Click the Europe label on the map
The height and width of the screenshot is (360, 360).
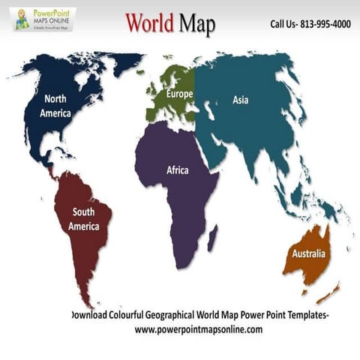click(x=179, y=94)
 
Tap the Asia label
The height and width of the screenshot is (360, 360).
click(x=240, y=100)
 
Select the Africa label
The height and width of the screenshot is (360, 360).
click(x=178, y=170)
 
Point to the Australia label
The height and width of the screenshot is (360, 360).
click(x=308, y=253)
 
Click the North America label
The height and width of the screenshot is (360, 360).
click(x=56, y=106)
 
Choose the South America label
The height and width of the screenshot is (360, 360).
click(x=83, y=219)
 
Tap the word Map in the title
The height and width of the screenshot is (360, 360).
click(x=197, y=25)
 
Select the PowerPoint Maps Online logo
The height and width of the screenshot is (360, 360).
click(x=43, y=19)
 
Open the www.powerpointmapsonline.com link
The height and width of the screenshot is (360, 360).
click(x=199, y=329)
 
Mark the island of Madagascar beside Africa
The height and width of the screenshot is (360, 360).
click(x=212, y=238)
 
